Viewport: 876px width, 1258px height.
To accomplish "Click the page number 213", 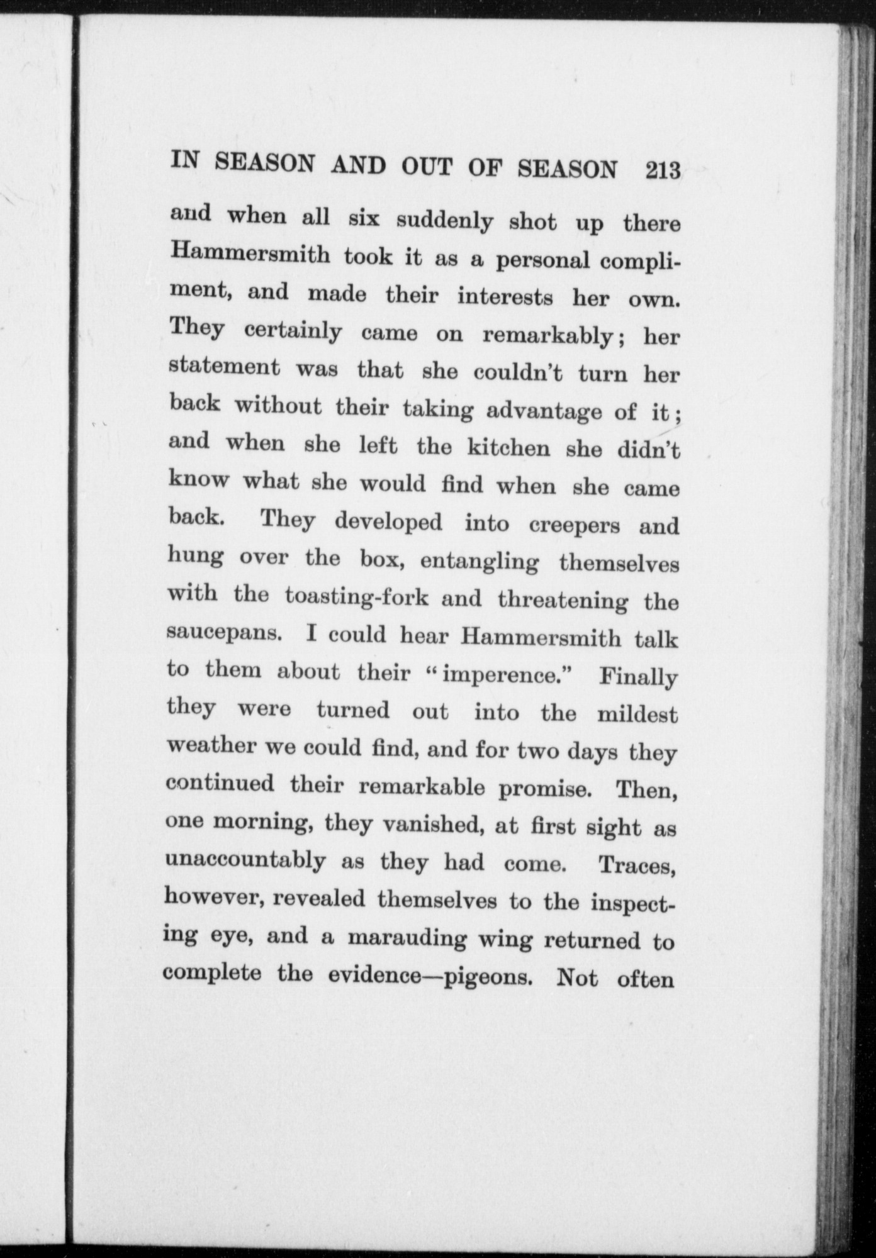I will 663,170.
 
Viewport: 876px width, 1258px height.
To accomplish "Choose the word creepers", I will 573,525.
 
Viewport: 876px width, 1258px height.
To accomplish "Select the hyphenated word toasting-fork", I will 356,596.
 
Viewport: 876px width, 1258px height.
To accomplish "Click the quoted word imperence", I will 502,674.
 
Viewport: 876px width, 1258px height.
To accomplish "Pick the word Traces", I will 637,866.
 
